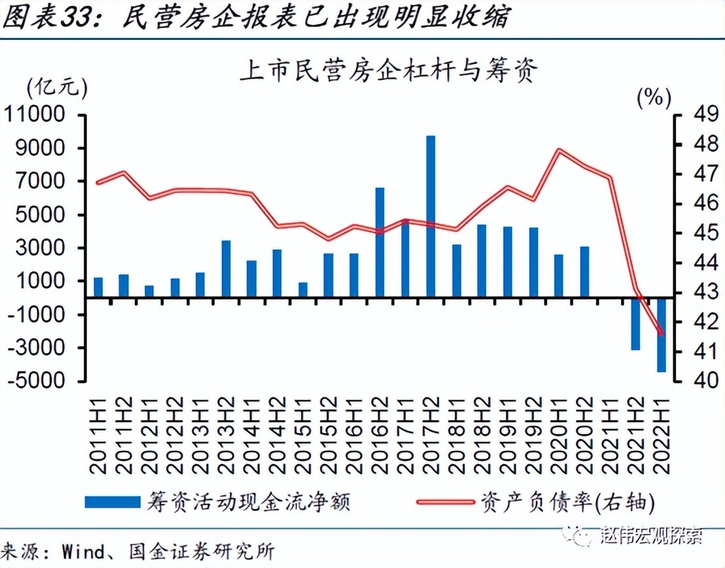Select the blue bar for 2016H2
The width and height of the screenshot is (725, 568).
(x=380, y=242)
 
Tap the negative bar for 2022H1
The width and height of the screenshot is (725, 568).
(x=661, y=334)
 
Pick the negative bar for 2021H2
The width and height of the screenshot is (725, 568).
(x=635, y=323)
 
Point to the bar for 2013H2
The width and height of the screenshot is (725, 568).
(x=226, y=269)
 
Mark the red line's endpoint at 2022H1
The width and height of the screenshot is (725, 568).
(x=661, y=334)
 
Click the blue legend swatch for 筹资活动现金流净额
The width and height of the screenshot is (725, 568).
(x=113, y=501)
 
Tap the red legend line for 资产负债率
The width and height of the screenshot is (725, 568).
(x=445, y=501)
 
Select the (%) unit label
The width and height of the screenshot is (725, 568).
(x=654, y=98)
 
